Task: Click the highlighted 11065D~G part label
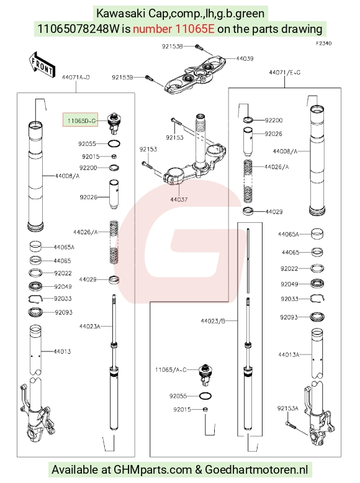(80, 120)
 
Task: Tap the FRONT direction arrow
(42, 66)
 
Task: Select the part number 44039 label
(245, 58)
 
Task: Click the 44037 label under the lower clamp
(179, 199)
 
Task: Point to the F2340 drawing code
(323, 43)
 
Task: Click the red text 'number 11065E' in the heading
(173, 29)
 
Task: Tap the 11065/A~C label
(171, 369)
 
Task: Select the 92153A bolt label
(287, 409)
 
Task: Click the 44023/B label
(213, 321)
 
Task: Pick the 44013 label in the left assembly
(62, 351)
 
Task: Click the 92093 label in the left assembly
(63, 312)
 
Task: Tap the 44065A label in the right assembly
(288, 235)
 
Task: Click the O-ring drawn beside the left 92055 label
(114, 143)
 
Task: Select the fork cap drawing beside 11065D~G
(114, 123)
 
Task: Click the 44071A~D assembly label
(76, 78)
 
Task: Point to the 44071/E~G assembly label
(284, 73)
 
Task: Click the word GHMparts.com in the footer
(153, 470)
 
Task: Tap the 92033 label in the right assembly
(289, 299)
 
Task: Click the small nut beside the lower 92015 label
(206, 409)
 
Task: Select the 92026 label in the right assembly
(273, 133)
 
